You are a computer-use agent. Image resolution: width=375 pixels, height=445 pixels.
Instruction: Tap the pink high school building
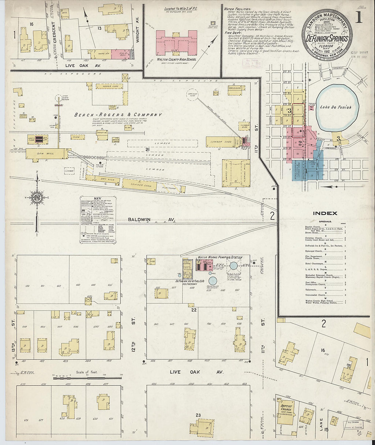177,42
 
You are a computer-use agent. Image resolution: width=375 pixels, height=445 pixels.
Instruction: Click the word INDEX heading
325,213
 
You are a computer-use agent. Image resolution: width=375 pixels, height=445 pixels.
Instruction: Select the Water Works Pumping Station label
220,257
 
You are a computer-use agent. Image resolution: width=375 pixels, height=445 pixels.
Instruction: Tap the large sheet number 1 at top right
358,19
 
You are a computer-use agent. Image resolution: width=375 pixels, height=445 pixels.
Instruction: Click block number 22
194,310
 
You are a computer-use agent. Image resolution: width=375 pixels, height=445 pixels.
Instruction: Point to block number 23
198,415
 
